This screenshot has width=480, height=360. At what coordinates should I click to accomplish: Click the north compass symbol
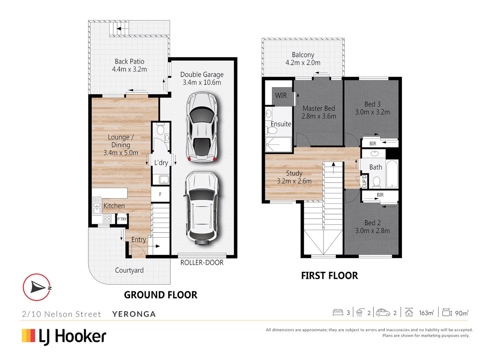[37, 287]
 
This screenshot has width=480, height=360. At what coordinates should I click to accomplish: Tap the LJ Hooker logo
[64, 336]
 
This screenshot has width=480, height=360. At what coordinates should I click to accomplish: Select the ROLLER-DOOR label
[202, 263]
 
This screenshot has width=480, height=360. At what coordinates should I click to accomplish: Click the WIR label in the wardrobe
[281, 96]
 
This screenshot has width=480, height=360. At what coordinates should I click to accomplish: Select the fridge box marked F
[160, 194]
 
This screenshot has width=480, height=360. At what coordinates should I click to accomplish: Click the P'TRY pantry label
[122, 219]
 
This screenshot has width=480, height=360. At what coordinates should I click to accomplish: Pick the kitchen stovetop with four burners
[107, 219]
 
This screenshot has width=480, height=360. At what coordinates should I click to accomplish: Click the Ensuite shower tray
[279, 145]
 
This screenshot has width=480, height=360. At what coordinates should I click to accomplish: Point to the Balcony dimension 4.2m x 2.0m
[303, 63]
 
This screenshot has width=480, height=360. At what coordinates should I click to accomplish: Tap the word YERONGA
[134, 314]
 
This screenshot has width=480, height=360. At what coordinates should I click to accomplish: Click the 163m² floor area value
[426, 313]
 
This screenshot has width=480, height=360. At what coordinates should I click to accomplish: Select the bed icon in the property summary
[338, 313]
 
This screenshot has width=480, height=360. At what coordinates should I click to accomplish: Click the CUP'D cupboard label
[364, 181]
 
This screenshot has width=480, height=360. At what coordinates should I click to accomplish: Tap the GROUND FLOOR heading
[160, 295]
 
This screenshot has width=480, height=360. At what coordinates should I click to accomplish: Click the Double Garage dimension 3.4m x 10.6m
[202, 82]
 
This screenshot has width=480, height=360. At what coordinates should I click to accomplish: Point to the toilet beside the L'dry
[160, 129]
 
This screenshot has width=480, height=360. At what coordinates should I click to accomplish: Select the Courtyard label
[129, 270]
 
